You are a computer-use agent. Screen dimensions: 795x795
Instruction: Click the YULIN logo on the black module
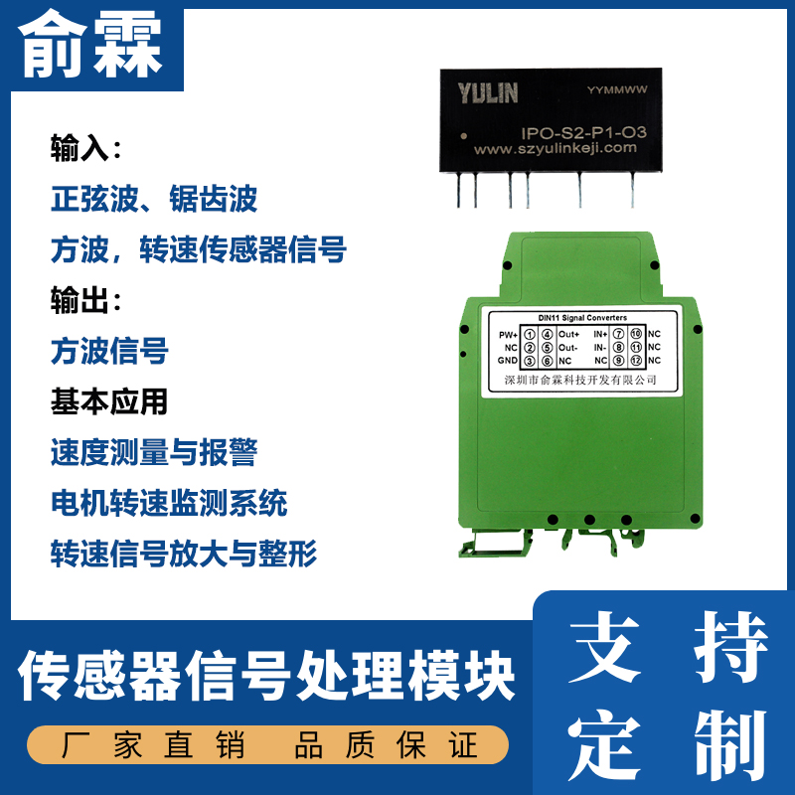point(487,93)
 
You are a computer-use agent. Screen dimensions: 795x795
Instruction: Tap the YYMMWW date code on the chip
point(617,89)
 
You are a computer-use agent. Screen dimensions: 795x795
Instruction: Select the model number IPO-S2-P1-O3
point(583,133)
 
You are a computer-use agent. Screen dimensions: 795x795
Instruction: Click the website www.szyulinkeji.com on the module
point(555,148)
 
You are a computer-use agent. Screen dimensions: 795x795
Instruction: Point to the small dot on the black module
point(463,136)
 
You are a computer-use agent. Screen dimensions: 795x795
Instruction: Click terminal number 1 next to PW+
point(530,335)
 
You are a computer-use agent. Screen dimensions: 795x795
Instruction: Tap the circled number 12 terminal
point(636,361)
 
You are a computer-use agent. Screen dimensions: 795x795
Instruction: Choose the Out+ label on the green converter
point(568,334)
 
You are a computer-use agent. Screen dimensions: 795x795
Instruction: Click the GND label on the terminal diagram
point(508,361)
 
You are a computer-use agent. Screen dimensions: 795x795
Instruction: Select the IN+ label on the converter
point(600,334)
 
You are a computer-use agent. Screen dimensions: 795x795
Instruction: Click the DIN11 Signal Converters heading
point(582,318)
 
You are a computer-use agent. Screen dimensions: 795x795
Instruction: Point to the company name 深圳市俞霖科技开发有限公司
point(580,380)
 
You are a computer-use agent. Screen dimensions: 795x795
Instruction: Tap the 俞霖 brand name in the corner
point(90,46)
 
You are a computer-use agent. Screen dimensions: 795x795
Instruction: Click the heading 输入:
point(85,147)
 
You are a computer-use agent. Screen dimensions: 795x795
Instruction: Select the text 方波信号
point(109,351)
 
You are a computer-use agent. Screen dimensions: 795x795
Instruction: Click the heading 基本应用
point(109,401)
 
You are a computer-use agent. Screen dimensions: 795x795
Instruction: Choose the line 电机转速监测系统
point(169,503)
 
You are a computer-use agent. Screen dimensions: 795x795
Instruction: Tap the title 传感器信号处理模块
point(266,676)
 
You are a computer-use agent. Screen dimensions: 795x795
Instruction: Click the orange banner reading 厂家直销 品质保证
point(267,744)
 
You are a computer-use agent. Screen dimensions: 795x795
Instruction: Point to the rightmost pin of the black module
point(632,190)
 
